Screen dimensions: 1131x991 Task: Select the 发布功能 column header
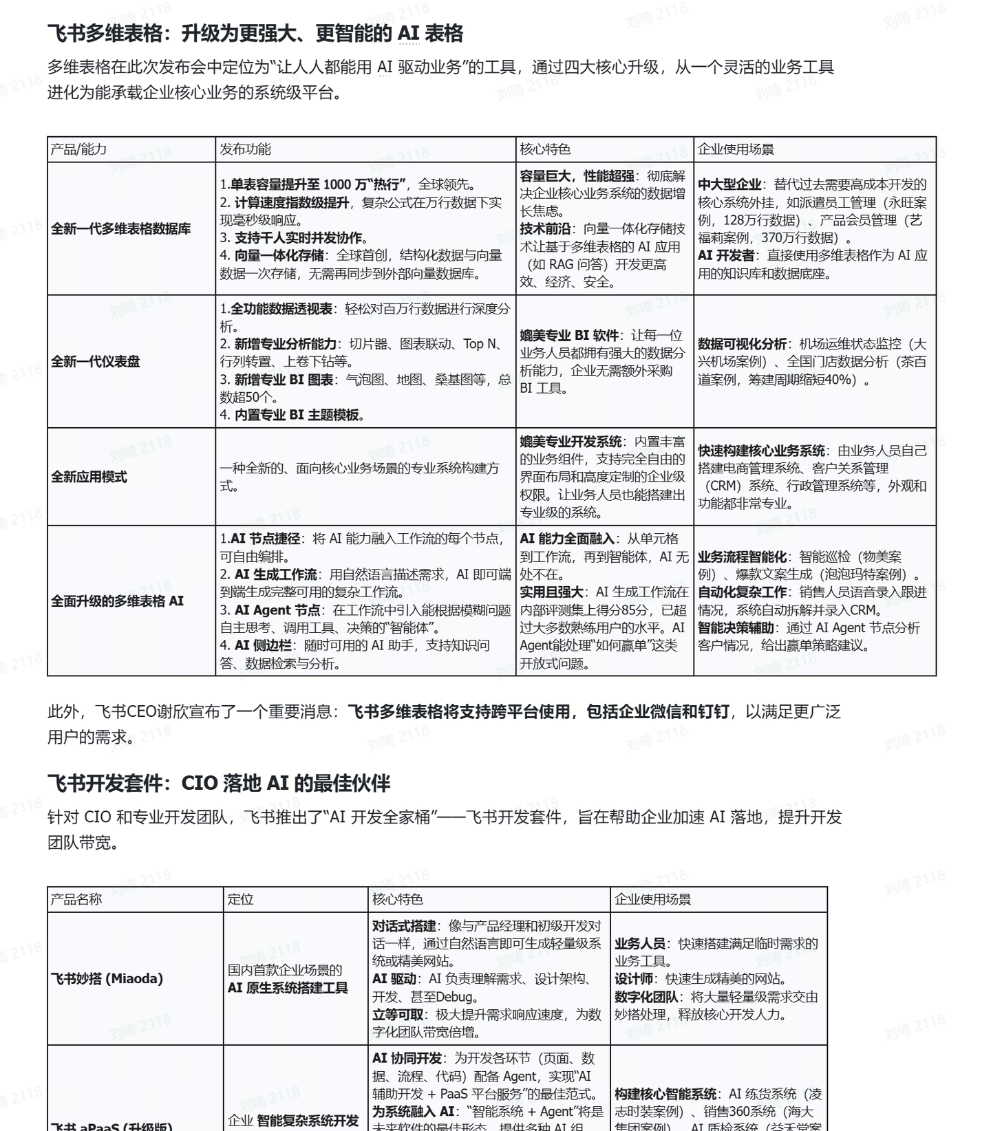point(245,149)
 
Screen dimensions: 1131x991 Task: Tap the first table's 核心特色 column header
point(545,149)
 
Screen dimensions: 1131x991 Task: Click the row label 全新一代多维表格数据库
point(121,229)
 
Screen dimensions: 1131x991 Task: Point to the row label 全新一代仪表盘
point(96,362)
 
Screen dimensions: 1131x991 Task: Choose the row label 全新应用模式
point(89,477)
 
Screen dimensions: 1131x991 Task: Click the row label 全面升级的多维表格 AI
point(117,601)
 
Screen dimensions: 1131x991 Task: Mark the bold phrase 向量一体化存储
point(279,255)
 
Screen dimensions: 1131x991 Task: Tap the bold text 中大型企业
point(729,184)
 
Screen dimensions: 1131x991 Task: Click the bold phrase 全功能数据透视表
point(281,309)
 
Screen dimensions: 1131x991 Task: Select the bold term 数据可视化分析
point(742,344)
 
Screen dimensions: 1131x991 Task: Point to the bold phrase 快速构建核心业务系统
point(761,451)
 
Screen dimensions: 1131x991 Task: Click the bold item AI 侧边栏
point(263,645)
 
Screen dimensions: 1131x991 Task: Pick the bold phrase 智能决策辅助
point(736,627)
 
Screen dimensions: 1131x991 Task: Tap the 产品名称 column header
point(76,899)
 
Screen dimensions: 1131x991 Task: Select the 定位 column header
point(241,899)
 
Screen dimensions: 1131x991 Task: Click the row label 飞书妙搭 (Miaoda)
point(107,978)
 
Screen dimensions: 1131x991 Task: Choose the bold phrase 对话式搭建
point(404,926)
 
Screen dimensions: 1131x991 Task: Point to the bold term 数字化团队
point(646,997)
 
